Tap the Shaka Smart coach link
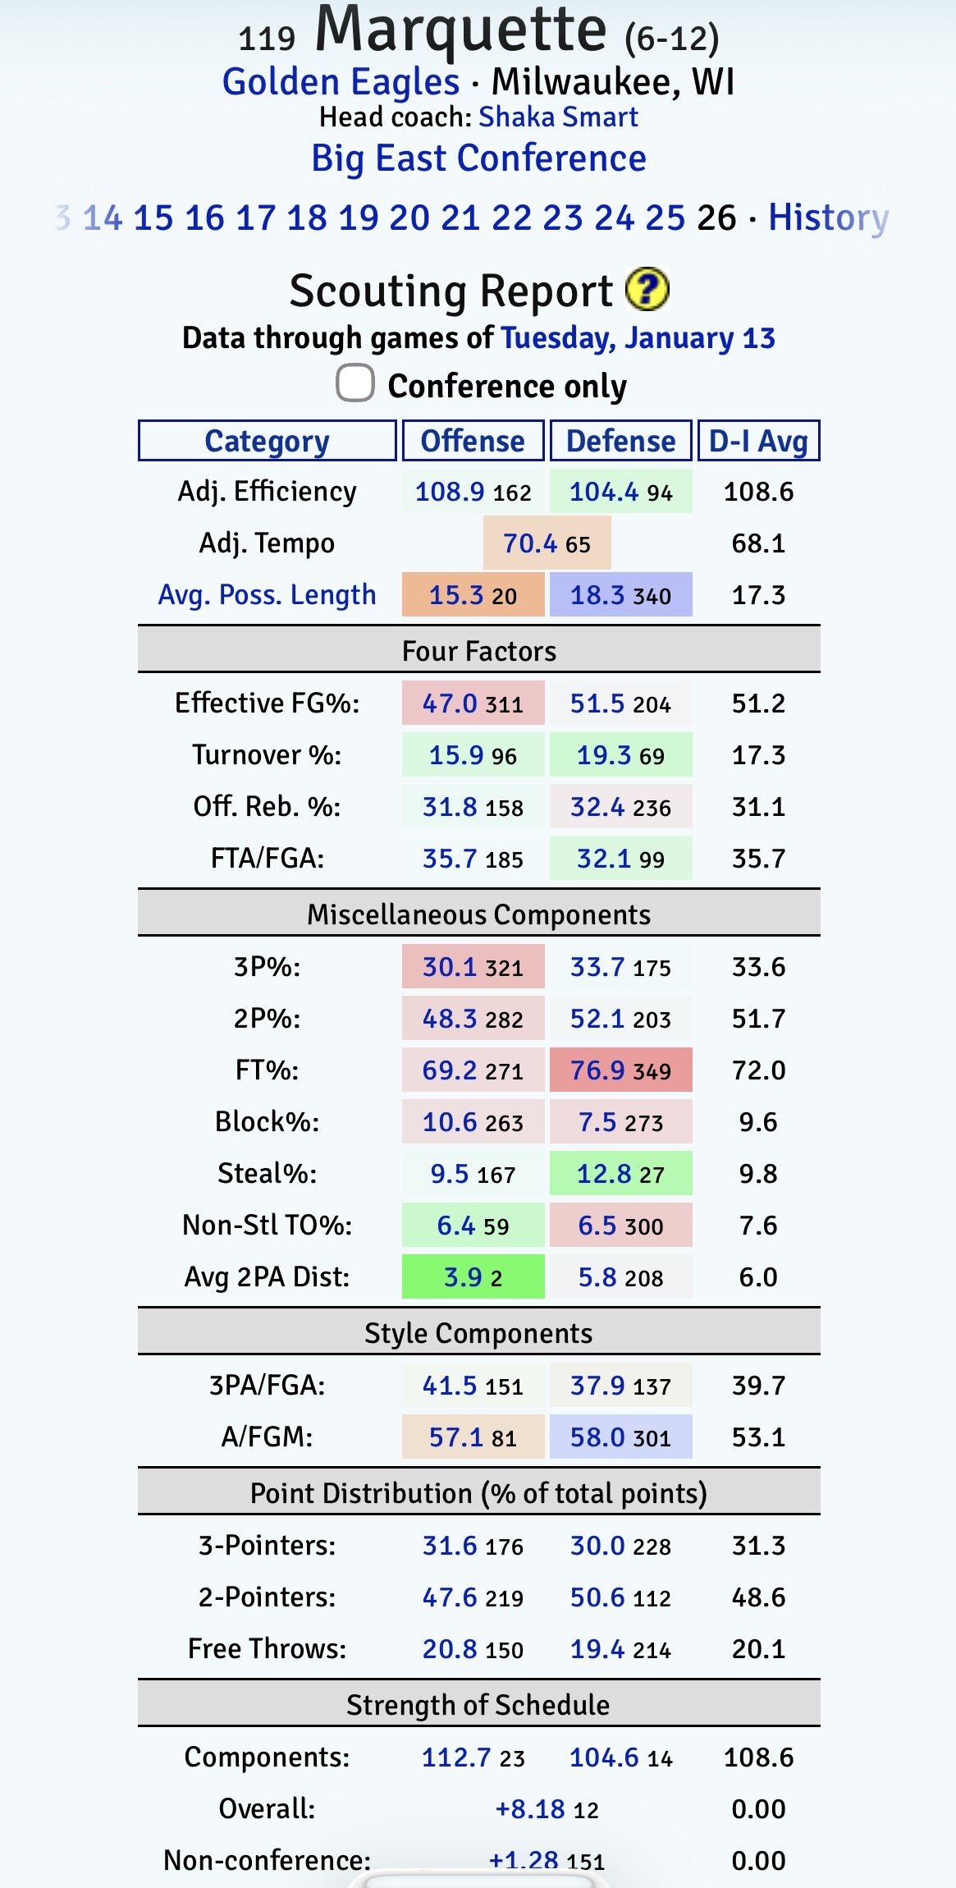(558, 117)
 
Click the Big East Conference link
(478, 158)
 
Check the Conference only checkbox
(355, 383)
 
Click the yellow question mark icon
(647, 290)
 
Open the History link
(828, 218)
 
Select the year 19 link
(359, 218)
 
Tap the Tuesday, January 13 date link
(638, 338)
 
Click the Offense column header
(473, 441)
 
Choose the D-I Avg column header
(758, 441)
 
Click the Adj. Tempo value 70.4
(530, 543)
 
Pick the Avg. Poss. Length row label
(267, 594)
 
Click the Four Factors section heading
(479, 651)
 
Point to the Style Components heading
(478, 1333)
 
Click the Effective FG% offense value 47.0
(450, 703)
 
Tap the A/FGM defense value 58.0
(598, 1437)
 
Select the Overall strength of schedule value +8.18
(530, 1809)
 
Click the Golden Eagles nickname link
(341, 82)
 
